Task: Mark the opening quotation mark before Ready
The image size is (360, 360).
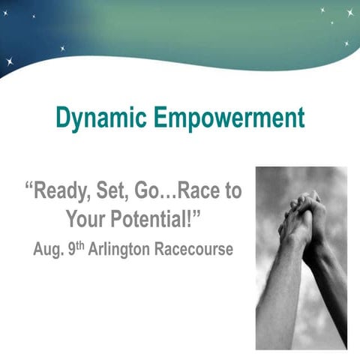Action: (x=31, y=184)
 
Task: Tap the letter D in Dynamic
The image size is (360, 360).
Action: (x=64, y=118)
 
